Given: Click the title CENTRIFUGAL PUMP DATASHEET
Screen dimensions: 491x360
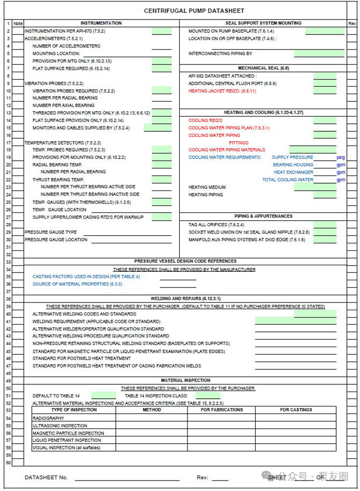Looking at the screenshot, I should tap(194, 11).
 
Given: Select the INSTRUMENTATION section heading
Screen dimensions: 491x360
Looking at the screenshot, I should tap(101, 23).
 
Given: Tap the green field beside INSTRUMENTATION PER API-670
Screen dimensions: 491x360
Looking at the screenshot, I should tap(162, 31).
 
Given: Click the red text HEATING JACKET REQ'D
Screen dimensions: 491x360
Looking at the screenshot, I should tap(222, 91).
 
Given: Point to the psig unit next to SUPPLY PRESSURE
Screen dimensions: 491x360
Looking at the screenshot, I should tap(341, 157).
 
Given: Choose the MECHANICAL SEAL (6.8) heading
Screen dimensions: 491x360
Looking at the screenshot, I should tap(263, 68).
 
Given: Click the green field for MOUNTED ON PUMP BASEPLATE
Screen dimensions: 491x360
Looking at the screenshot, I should tap(325, 31).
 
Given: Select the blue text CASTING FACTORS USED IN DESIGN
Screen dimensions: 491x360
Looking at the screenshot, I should tap(86, 277).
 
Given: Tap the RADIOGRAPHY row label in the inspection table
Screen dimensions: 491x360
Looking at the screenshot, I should tap(48, 418).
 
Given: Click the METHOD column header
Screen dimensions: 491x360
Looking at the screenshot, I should tap(152, 410).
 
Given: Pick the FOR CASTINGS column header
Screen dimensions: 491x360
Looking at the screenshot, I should tap(296, 410).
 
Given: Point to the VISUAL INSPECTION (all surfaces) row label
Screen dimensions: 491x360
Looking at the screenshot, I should tap(66, 448).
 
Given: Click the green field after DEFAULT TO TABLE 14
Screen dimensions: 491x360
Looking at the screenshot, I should tap(103, 396).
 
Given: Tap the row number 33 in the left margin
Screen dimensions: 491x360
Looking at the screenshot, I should tap(8, 262).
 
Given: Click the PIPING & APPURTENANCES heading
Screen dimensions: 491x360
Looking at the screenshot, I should tap(263, 216).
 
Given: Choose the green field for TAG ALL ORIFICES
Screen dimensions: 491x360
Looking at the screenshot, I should tap(325, 225).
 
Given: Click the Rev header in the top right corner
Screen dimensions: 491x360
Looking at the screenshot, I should tap(352, 24).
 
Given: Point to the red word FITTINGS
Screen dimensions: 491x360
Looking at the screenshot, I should tap(239, 143).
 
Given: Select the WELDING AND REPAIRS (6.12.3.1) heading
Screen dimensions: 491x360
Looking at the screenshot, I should tap(186, 299).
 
